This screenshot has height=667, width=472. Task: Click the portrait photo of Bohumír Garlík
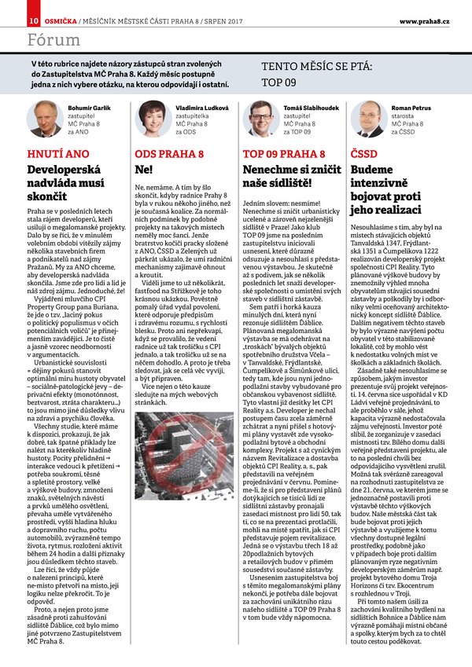pos(46,118)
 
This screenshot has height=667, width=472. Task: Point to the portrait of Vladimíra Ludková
pos(153,118)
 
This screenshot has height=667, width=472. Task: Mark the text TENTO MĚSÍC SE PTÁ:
pos(317,68)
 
